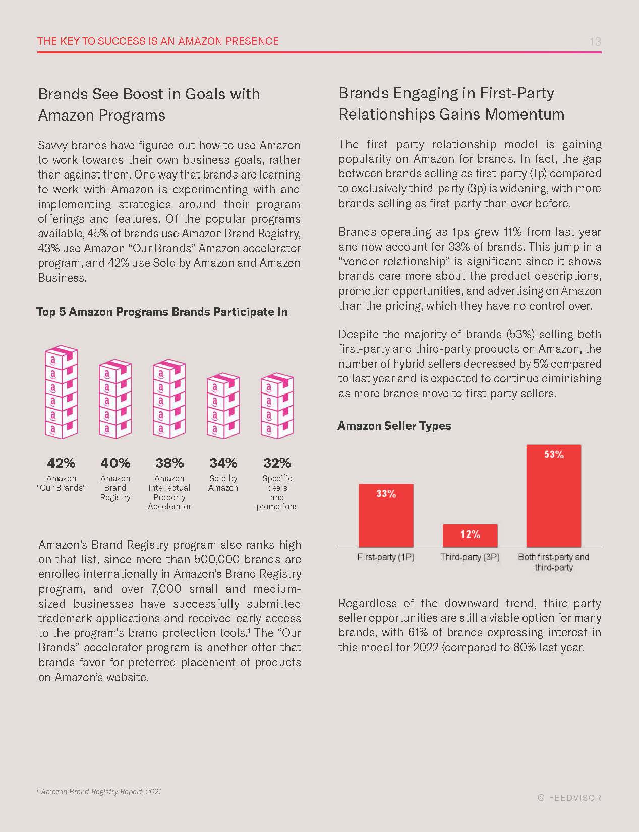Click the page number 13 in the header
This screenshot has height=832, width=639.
[595, 42]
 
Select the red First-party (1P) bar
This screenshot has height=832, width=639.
[386, 515]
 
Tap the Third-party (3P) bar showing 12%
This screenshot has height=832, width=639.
[470, 536]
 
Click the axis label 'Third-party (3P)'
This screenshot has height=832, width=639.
[470, 557]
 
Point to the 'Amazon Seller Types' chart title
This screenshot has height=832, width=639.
[394, 426]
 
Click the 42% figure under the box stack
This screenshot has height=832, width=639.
[61, 463]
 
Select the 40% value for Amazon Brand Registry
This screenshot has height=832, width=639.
[115, 463]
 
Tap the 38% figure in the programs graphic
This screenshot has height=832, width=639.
[169, 463]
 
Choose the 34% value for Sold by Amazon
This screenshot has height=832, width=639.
[223, 463]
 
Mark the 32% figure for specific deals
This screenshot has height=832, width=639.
[277, 463]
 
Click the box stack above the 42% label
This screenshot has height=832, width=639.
[61, 392]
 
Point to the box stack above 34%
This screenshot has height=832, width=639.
[223, 405]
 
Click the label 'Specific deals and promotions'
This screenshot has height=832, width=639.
[277, 492]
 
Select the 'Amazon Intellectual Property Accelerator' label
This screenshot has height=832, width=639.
[169, 492]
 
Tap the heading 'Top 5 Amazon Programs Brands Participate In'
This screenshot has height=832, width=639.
[162, 312]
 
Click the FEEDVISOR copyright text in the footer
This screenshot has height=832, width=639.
[569, 798]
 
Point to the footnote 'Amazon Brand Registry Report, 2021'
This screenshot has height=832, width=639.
[100, 792]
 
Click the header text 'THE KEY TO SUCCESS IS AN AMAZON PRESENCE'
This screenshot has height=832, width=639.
[158, 41]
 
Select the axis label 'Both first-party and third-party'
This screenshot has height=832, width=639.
[553, 562]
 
